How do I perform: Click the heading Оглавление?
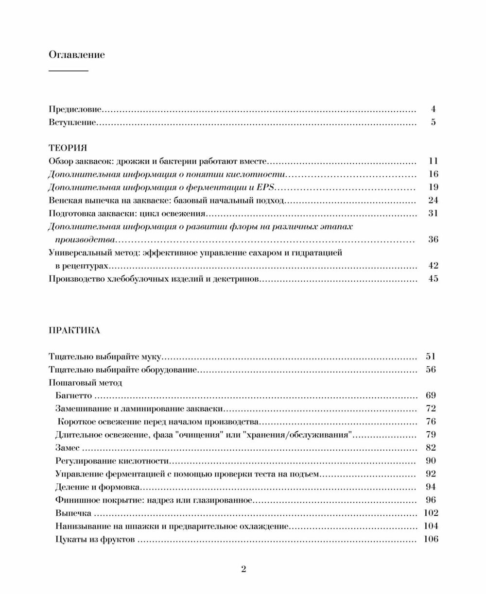click(77, 54)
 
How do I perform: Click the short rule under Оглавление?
click(69, 71)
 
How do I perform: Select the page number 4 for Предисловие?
click(433, 109)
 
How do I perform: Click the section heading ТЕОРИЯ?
click(68, 148)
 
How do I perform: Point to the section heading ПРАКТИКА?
click(74, 331)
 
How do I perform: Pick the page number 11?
click(434, 161)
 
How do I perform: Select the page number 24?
click(434, 201)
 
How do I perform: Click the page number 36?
click(434, 239)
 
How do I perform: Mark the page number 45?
click(434, 279)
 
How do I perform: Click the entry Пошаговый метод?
click(86, 383)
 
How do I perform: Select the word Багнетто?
click(74, 396)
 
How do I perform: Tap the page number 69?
click(431, 396)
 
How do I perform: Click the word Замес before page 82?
click(68, 448)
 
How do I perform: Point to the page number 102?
click(431, 513)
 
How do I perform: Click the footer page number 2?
click(243, 569)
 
